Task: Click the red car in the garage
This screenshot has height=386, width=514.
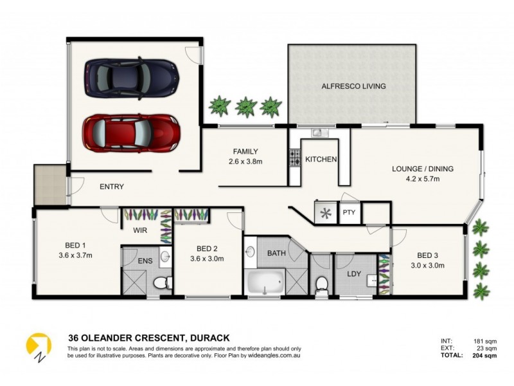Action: click(x=130, y=133)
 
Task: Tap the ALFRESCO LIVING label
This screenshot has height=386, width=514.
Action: click(x=353, y=86)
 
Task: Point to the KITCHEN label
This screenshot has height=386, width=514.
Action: click(x=321, y=160)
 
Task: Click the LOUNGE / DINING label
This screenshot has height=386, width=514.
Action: click(x=423, y=169)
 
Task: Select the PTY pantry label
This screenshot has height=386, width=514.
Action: click(x=350, y=212)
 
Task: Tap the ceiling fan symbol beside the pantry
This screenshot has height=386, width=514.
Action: click(x=325, y=213)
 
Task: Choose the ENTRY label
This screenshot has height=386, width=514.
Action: click(x=111, y=187)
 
